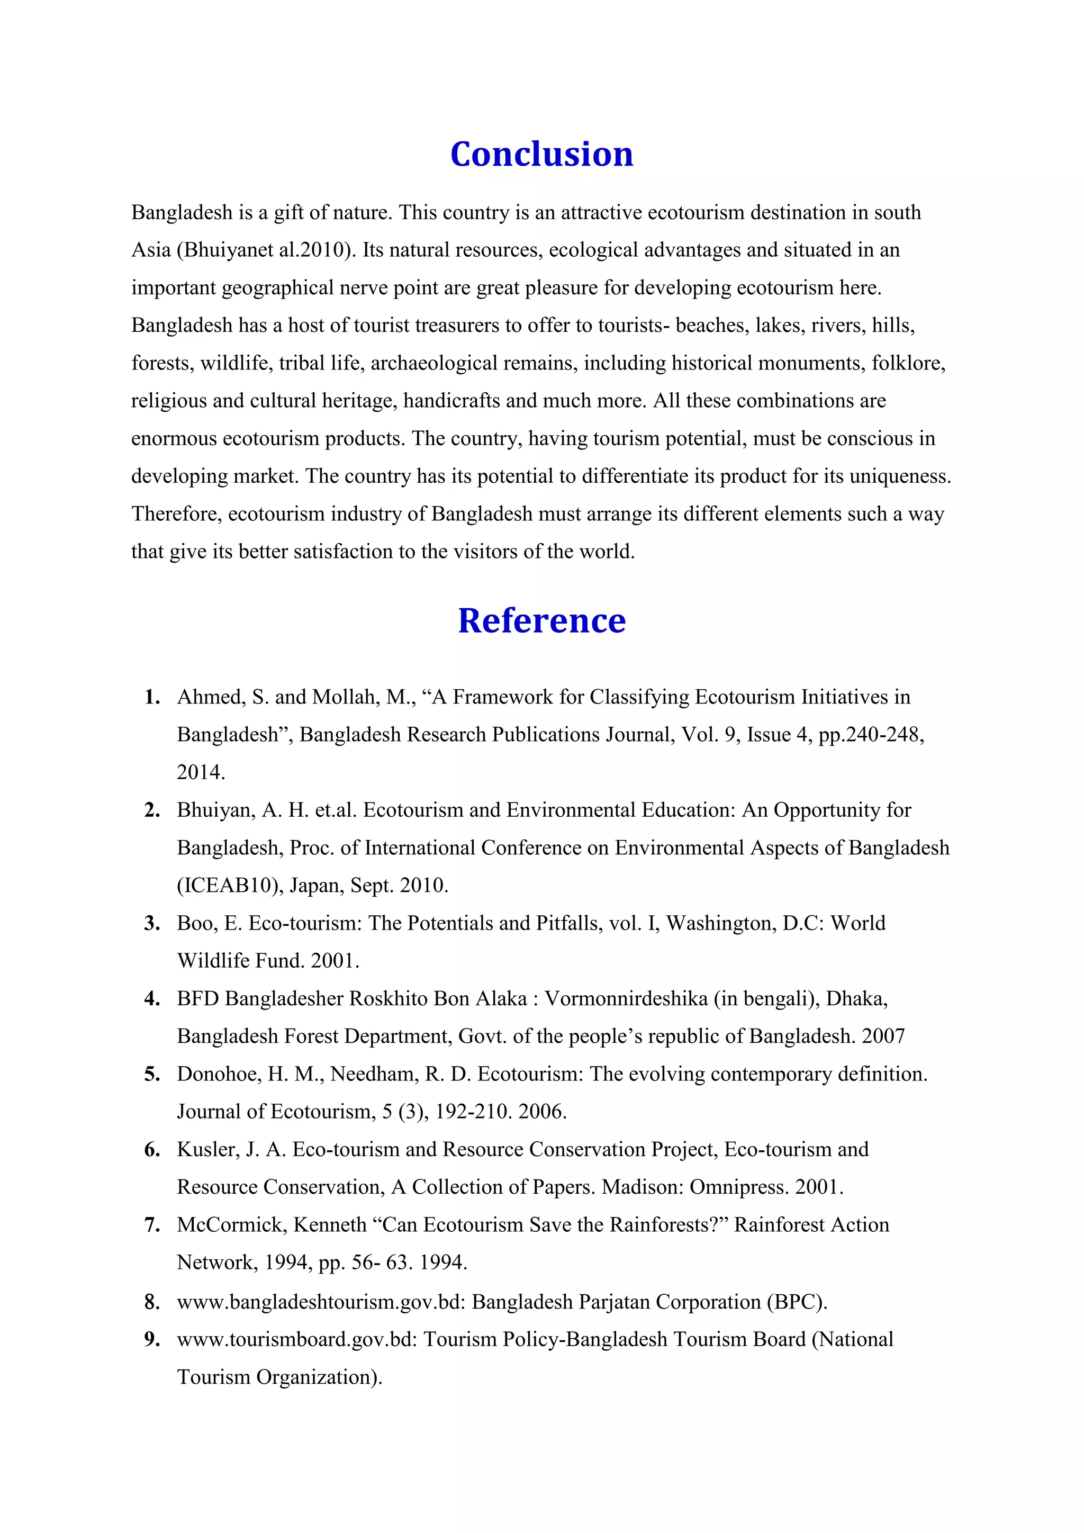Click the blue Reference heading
541,620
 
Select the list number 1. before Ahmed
152,697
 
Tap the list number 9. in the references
152,1339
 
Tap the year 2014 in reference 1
200,772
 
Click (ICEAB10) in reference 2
230,886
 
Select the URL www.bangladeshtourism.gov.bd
320,1302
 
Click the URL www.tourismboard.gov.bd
296,1339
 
